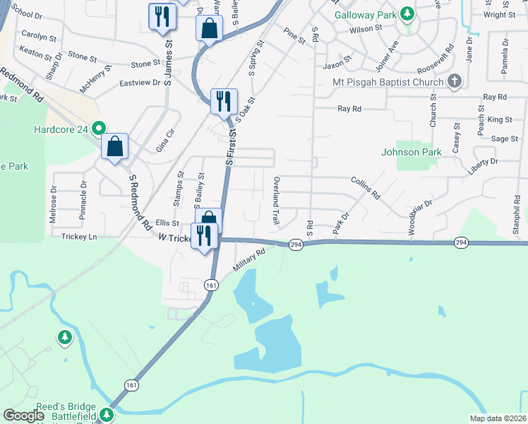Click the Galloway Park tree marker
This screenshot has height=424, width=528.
[x=407, y=13]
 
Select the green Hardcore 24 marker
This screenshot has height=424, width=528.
[x=99, y=129]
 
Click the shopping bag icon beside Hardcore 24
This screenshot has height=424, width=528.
[x=115, y=147]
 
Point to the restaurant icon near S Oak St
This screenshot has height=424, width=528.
[x=224, y=101]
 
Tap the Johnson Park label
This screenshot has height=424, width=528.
[x=411, y=152]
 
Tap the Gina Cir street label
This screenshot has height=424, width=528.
[x=164, y=141]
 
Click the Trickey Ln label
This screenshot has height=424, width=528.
[x=79, y=237]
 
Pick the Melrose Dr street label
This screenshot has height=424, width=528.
[x=53, y=205]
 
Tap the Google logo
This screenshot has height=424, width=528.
[x=24, y=416]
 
